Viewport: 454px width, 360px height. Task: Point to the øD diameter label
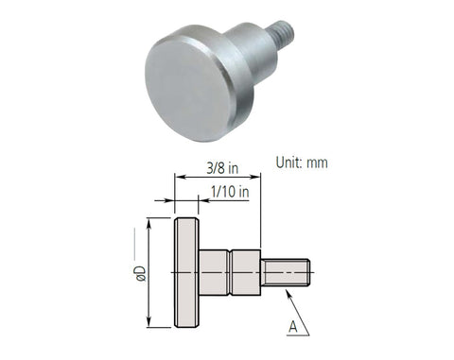point(139,273)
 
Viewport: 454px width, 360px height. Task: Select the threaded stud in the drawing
point(286,273)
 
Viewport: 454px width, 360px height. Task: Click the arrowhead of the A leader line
point(283,291)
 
